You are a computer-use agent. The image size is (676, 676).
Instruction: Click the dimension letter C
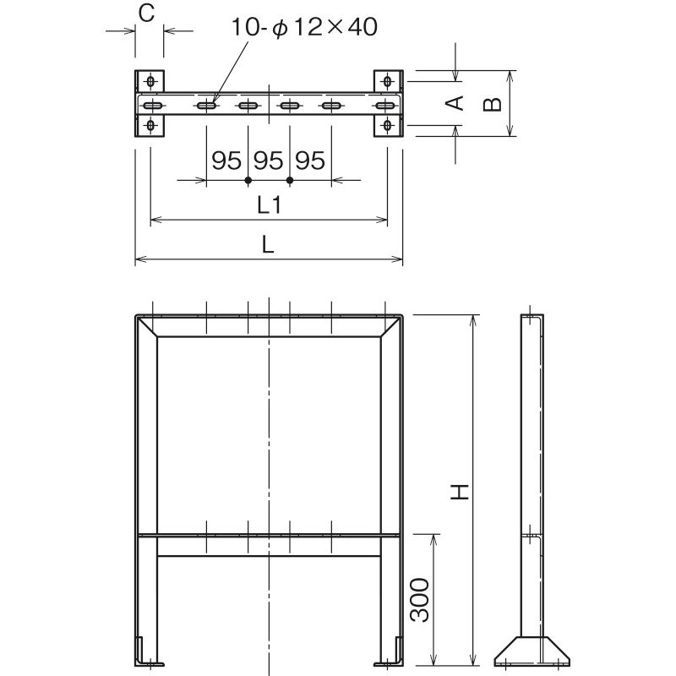point(146,14)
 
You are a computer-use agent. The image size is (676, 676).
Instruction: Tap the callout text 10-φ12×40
point(304,27)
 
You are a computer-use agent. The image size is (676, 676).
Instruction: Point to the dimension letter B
point(492,104)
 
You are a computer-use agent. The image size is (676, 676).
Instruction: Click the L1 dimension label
point(269,205)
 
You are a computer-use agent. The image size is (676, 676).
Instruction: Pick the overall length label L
point(268,245)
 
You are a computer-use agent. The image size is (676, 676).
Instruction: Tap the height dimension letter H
point(460,492)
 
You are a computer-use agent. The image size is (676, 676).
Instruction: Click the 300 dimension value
point(419,600)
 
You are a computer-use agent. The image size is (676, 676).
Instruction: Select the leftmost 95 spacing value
point(226,161)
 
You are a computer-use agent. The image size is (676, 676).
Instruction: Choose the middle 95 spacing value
point(268,161)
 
